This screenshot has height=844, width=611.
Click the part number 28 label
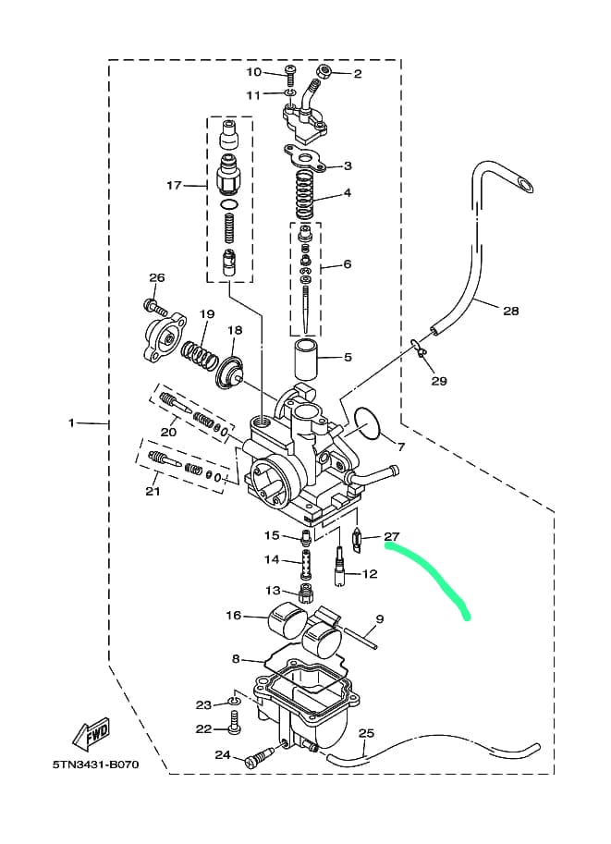[x=510, y=311]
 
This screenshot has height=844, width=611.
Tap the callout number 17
[x=175, y=185]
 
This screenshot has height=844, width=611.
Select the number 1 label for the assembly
[x=71, y=422]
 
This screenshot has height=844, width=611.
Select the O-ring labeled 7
[x=367, y=424]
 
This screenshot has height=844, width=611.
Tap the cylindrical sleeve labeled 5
[x=307, y=356]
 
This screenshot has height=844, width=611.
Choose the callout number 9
[x=379, y=618]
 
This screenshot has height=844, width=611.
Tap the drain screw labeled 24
[x=259, y=760]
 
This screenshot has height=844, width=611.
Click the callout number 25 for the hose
[x=366, y=734]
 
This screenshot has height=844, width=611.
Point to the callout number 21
[x=153, y=491]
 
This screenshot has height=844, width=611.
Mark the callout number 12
[x=370, y=574]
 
